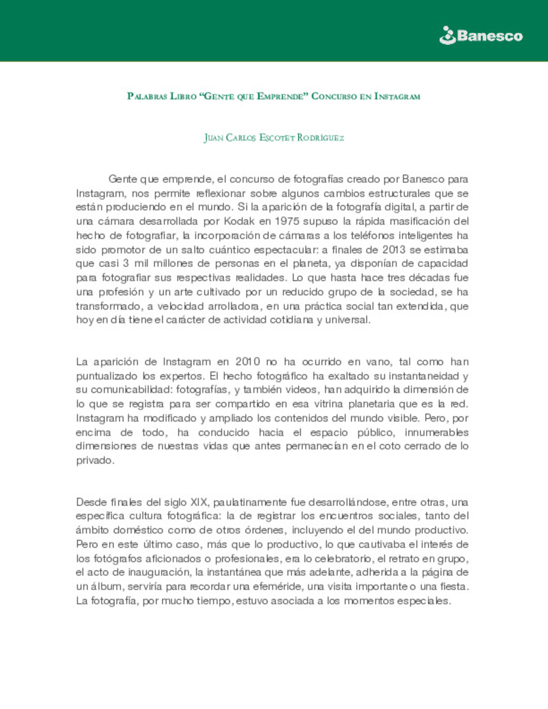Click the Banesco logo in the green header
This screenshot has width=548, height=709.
(x=481, y=36)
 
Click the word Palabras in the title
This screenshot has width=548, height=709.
(x=147, y=96)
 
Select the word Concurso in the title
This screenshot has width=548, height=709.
(x=334, y=96)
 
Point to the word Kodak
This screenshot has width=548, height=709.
(x=239, y=221)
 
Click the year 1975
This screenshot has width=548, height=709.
(x=287, y=221)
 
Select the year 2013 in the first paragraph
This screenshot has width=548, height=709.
(x=394, y=250)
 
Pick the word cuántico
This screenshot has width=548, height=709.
(x=228, y=250)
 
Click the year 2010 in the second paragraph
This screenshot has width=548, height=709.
(x=248, y=362)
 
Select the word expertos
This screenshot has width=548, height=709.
(x=182, y=376)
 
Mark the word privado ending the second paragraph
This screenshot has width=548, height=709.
(x=94, y=460)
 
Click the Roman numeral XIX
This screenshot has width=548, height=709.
(x=198, y=502)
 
